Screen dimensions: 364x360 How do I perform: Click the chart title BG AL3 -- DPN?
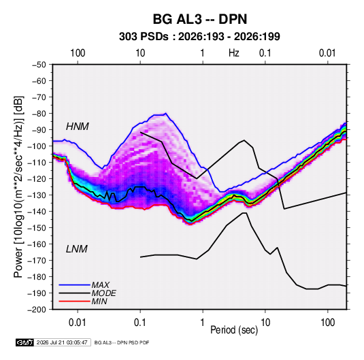coord(200,19)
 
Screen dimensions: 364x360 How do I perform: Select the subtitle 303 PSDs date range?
coord(199,37)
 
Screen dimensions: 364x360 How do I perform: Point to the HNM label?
coord(78,127)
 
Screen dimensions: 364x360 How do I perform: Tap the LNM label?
coord(77,249)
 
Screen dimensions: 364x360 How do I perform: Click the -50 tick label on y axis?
coord(39,65)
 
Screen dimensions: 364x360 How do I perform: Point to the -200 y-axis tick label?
coord(37,310)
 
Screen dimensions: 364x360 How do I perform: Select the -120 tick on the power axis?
coord(37,179)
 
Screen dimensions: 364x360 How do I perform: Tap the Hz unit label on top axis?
coord(234,53)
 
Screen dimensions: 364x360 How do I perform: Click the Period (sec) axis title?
coord(234,330)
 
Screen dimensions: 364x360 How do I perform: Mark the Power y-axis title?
coord(18,186)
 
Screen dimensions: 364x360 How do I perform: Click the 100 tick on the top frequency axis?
coord(78,53)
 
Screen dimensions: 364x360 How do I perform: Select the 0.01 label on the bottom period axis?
coord(78,323)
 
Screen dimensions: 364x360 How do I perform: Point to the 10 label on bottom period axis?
coord(265,323)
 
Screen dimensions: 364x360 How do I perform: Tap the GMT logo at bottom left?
coord(25,342)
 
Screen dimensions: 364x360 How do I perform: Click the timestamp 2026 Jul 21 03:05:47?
coord(62,342)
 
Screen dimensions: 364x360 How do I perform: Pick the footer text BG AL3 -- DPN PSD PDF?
coord(122,342)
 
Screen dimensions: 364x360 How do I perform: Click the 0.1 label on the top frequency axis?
coord(265,53)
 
